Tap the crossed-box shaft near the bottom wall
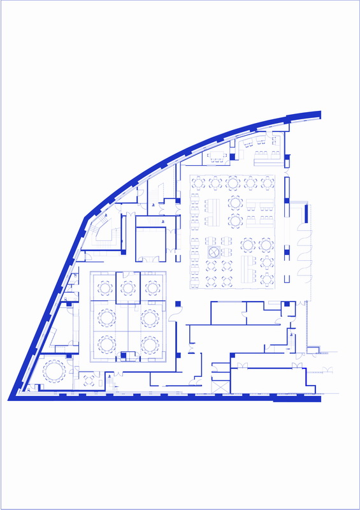coord(219,387)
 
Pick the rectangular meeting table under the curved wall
coord(217,155)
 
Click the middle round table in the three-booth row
coord(128,288)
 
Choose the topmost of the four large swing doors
coord(304,215)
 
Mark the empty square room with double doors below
coord(151,243)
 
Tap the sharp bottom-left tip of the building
coord(11,398)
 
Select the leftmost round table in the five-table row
coord(198,184)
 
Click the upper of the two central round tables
coord(235,203)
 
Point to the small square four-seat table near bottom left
coord(89,381)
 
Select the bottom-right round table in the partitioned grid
coord(150,345)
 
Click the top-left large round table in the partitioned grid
coord(106,317)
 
